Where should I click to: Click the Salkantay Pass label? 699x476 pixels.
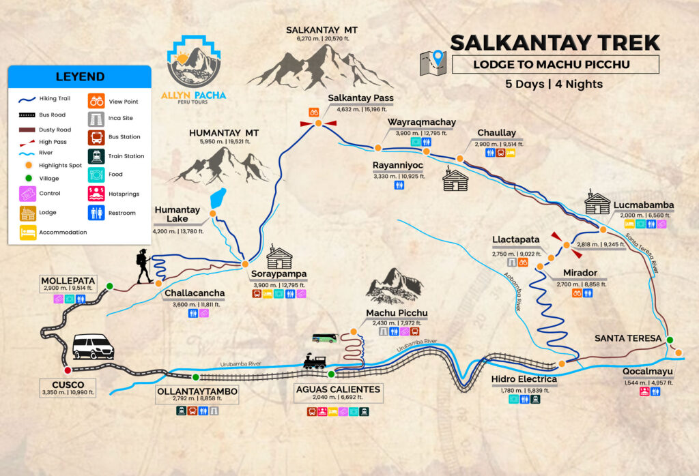pos(360,98)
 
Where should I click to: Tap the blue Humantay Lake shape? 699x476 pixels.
pos(218,198)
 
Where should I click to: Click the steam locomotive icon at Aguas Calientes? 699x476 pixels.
pos(315,361)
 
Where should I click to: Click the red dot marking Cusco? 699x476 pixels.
pos(67,370)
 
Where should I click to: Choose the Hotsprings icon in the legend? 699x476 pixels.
pos(96,194)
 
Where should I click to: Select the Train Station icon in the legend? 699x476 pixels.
pos(96,156)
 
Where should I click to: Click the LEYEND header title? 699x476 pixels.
pos(80,76)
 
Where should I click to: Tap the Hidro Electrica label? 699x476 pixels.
pos(524,379)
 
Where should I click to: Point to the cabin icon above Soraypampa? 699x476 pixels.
pos(279,257)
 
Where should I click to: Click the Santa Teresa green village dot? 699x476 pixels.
pos(670,340)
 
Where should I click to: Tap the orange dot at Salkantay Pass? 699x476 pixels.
pos(318,123)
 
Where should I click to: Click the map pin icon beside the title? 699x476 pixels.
pos(433,63)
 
